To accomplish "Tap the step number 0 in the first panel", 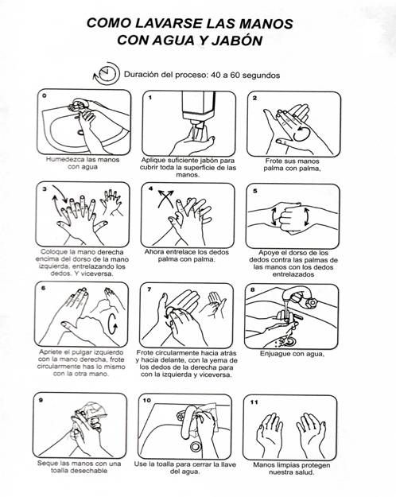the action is (x=44, y=95).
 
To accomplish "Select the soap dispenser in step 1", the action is (x=199, y=108).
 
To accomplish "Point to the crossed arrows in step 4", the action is (x=166, y=198).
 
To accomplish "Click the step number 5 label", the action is (x=255, y=191).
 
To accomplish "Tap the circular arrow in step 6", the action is (x=113, y=324).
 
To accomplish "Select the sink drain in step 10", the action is (x=196, y=446).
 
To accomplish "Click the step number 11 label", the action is (x=254, y=402).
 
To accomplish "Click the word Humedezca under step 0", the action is (x=64, y=159).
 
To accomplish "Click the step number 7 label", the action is (x=149, y=289).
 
